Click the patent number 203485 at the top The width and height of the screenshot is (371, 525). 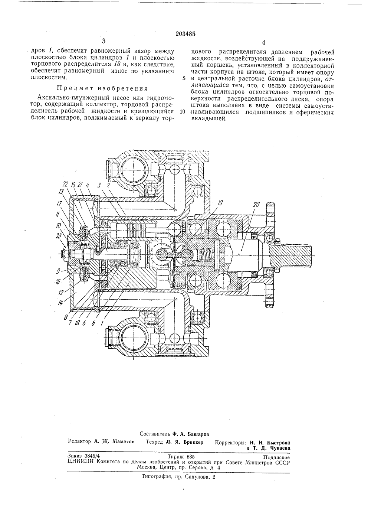pos(185,34)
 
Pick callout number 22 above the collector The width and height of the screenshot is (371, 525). pos(65,185)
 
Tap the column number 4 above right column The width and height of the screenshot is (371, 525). pos(263,42)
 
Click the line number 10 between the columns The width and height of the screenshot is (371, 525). pos(183,112)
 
